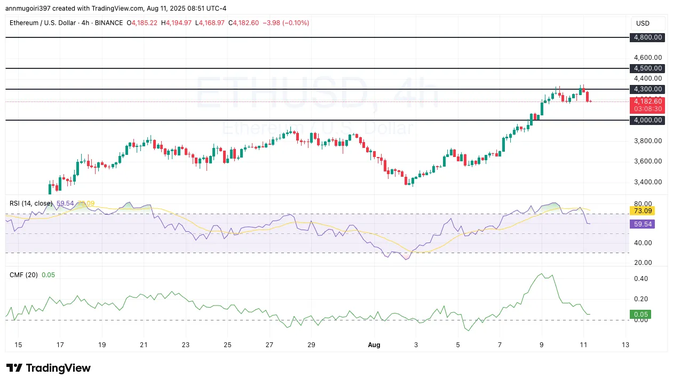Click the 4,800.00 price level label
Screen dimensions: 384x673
647,37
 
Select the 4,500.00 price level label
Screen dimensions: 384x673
647,68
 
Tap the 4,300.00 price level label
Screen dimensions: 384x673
647,89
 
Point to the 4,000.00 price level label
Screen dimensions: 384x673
647,120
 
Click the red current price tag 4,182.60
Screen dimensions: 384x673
647,101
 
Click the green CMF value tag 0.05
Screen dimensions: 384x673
639,315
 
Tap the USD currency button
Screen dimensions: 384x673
643,23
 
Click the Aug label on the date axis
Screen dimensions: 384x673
374,344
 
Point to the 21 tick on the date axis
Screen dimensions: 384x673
144,344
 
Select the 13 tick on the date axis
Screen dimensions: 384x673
625,344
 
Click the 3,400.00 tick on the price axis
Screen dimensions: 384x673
647,182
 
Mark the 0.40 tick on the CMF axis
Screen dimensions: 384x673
641,279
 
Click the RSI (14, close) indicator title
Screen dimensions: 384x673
31,203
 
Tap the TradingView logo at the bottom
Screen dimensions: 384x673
49,368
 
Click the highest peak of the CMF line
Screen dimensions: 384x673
542,274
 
